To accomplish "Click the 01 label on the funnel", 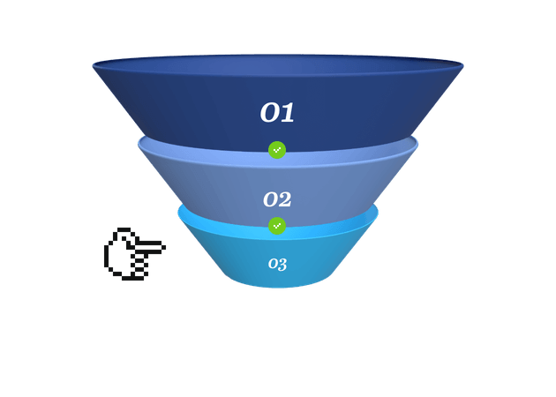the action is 277,112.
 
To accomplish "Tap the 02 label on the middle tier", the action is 277,199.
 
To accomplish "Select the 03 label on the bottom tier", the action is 277,264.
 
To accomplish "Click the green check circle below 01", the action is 277,150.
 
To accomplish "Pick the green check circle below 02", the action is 277,226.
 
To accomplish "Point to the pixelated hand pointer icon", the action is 135,254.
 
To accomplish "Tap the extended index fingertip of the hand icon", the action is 163,247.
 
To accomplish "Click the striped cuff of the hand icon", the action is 140,266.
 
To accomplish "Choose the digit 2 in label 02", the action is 285,199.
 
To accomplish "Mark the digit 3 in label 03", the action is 282,265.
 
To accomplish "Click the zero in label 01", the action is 269,113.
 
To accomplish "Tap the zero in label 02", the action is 270,199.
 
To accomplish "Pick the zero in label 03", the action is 273,264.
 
